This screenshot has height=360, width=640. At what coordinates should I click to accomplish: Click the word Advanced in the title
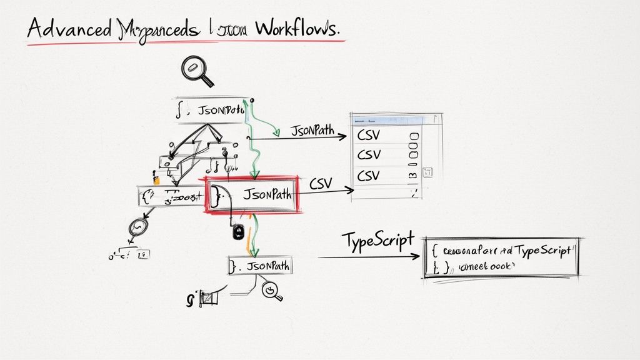68,28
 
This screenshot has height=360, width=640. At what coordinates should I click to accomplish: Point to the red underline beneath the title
187,42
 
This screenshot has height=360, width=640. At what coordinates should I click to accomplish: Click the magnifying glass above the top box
195,70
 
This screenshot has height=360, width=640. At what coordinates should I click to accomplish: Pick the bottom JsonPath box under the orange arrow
260,266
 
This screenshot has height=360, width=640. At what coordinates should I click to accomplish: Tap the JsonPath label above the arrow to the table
311,131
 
